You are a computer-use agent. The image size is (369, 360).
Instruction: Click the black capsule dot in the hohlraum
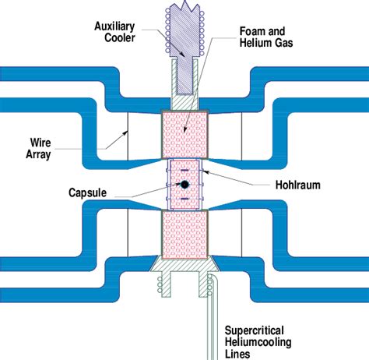point(184,185)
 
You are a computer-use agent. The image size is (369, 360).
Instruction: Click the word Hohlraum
point(298,185)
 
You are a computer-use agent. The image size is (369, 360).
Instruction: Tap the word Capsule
point(87,192)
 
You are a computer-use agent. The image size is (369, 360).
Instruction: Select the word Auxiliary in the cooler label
point(114,26)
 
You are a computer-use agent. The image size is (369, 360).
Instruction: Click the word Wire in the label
point(40,143)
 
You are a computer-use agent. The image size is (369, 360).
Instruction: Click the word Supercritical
point(254,330)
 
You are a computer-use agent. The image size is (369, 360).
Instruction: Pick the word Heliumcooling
point(258,342)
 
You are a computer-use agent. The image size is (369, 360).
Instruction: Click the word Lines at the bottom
point(237,354)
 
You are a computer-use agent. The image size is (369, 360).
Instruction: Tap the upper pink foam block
point(184,134)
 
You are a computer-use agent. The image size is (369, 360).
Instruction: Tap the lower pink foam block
point(184,235)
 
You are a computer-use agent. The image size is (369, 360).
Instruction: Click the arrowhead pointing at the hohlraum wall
point(205,171)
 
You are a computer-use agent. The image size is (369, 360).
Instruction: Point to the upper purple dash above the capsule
point(184,170)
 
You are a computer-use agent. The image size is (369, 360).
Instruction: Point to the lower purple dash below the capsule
point(184,199)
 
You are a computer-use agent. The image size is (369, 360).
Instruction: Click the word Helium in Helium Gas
point(255,43)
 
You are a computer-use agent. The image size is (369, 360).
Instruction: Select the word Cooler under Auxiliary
point(120,37)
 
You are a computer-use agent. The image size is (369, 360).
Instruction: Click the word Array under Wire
point(38,154)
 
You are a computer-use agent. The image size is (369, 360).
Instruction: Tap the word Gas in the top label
point(283,43)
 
